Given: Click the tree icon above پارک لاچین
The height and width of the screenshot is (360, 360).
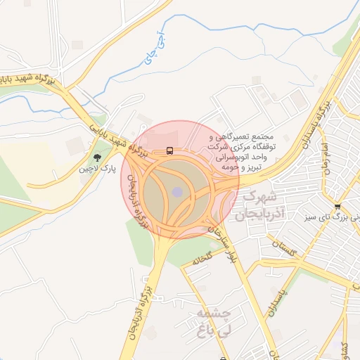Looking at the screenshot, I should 97,157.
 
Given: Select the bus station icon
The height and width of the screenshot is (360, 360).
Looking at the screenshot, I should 169,150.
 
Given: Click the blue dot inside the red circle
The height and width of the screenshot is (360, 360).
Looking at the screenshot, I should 177,191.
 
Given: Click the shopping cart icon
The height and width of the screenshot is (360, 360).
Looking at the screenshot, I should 338,206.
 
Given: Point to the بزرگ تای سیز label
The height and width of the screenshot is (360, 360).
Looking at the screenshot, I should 337,217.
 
